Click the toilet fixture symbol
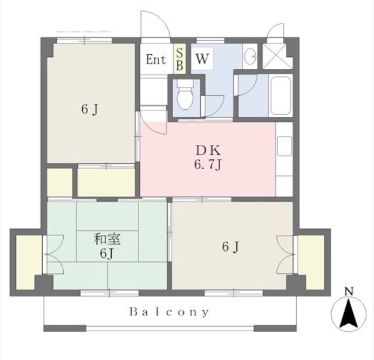coord(185,94)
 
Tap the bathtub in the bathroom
coord(281,96)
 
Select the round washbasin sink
coord(250,56)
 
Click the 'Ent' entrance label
coord(156,59)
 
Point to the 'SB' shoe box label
coord(179,59)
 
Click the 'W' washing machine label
coord(202,58)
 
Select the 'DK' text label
coord(208,151)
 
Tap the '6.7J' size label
coord(208,165)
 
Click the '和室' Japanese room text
coord(107,239)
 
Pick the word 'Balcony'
coord(169,312)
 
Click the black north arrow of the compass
coord(348,313)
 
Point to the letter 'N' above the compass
coord(349,291)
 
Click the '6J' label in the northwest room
coord(89,110)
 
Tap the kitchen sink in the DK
coord(284,146)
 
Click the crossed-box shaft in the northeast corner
coord(278,56)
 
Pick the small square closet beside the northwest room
coord(60,182)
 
